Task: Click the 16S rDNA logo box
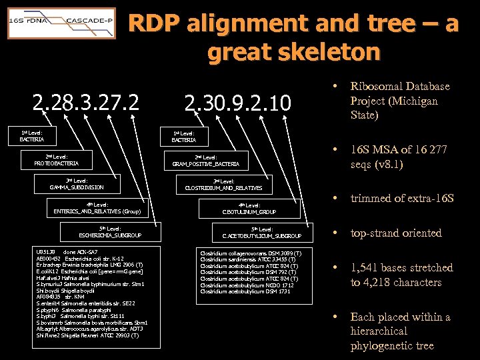pyautogui.click(x=25, y=21)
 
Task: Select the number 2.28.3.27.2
pyautogui.click(x=86, y=103)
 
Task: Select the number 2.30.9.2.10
pyautogui.click(x=237, y=103)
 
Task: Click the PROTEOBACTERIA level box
pyautogui.click(x=57, y=160)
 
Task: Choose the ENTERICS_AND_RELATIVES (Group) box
pyautogui.click(x=97, y=208)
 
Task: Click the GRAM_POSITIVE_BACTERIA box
pyautogui.click(x=205, y=160)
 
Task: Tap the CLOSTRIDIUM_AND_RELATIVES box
pyautogui.click(x=223, y=184)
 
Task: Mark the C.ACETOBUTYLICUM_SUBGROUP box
pyautogui.click(x=262, y=232)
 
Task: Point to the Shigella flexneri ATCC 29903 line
pyautogui.click(x=87, y=335)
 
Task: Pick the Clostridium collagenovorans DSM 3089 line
pyautogui.click(x=251, y=253)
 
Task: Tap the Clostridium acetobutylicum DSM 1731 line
pyautogui.click(x=246, y=291)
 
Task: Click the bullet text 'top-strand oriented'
pyautogui.click(x=396, y=233)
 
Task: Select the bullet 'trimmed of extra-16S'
pyautogui.click(x=402, y=198)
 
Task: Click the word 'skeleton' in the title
pyautogui.click(x=294, y=51)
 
